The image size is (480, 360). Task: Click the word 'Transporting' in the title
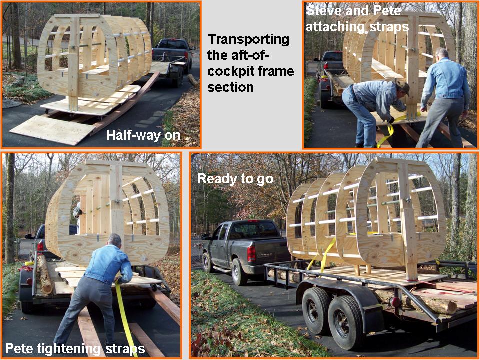pos(248,40)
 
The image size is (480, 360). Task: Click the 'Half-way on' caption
pos(143,135)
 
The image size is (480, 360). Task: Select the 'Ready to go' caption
pos(235,179)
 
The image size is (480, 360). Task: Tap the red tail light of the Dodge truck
pos(251,253)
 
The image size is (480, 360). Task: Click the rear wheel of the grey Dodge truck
pos(238,272)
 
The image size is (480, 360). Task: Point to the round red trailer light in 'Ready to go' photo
pos(395,302)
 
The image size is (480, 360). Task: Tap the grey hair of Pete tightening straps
pos(115,239)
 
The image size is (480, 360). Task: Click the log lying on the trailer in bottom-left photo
pos(44,274)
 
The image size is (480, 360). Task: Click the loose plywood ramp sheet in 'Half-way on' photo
pos(52,129)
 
